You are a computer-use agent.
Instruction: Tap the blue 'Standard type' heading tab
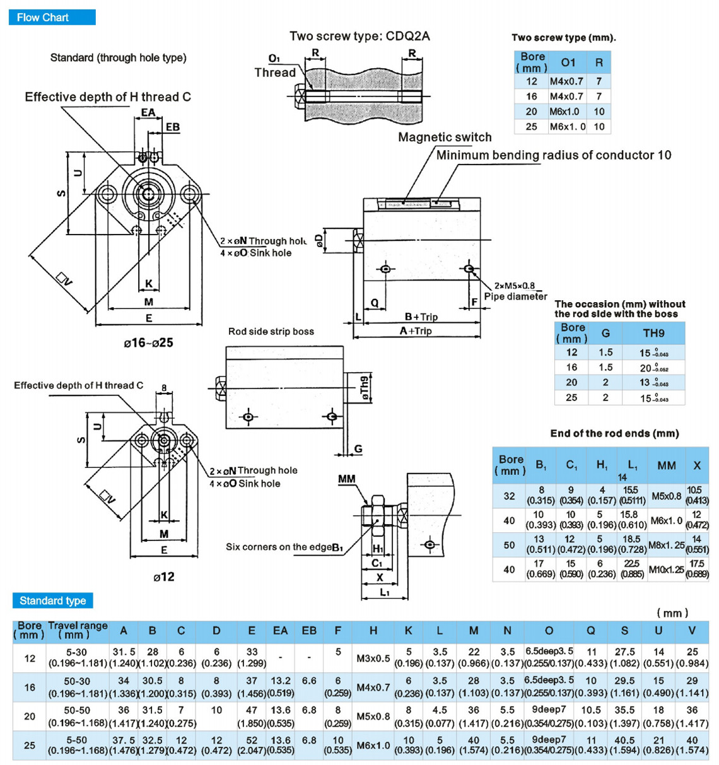coord(52,600)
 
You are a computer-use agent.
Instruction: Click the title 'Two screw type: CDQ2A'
coord(359,36)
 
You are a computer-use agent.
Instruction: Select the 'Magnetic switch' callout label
coord(445,137)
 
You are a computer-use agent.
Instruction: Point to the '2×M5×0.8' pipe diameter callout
coord(515,286)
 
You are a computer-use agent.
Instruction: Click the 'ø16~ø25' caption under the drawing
coord(148,343)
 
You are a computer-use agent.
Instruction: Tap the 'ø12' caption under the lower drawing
coord(164,576)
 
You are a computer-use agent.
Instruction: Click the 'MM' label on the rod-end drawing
coord(346,479)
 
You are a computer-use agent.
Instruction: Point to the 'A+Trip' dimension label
coord(416,331)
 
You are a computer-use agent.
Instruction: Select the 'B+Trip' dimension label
coord(421,317)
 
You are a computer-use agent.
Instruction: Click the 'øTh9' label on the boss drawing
coord(364,389)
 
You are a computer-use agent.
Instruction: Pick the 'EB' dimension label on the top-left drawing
coord(172,127)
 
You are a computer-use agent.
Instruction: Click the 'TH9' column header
coord(653,333)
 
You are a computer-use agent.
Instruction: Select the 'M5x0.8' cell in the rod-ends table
coord(666,496)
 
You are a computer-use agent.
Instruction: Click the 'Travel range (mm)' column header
coord(78,630)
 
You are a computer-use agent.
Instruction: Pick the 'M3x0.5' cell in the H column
coord(373,658)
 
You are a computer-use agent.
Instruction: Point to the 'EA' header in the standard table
coord(280,631)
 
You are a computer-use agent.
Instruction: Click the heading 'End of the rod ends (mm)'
coord(614,433)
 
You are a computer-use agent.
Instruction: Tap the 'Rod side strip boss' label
coord(271,331)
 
